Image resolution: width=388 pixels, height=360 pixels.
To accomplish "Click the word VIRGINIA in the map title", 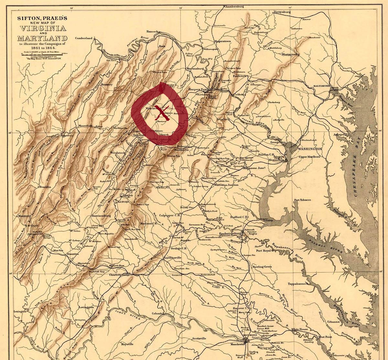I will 42,28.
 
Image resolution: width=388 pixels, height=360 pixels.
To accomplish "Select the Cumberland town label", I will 84,38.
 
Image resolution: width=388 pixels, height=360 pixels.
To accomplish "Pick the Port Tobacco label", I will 303,200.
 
